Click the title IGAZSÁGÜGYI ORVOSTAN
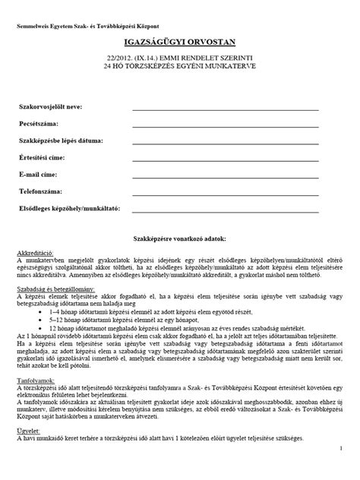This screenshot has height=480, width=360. pyautogui.click(x=179, y=46)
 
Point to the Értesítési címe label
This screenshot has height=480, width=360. pyautogui.click(x=43, y=158)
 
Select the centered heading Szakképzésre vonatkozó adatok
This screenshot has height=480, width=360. pyautogui.click(x=179, y=238)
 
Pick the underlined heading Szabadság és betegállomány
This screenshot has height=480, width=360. pyautogui.click(x=55, y=311)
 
